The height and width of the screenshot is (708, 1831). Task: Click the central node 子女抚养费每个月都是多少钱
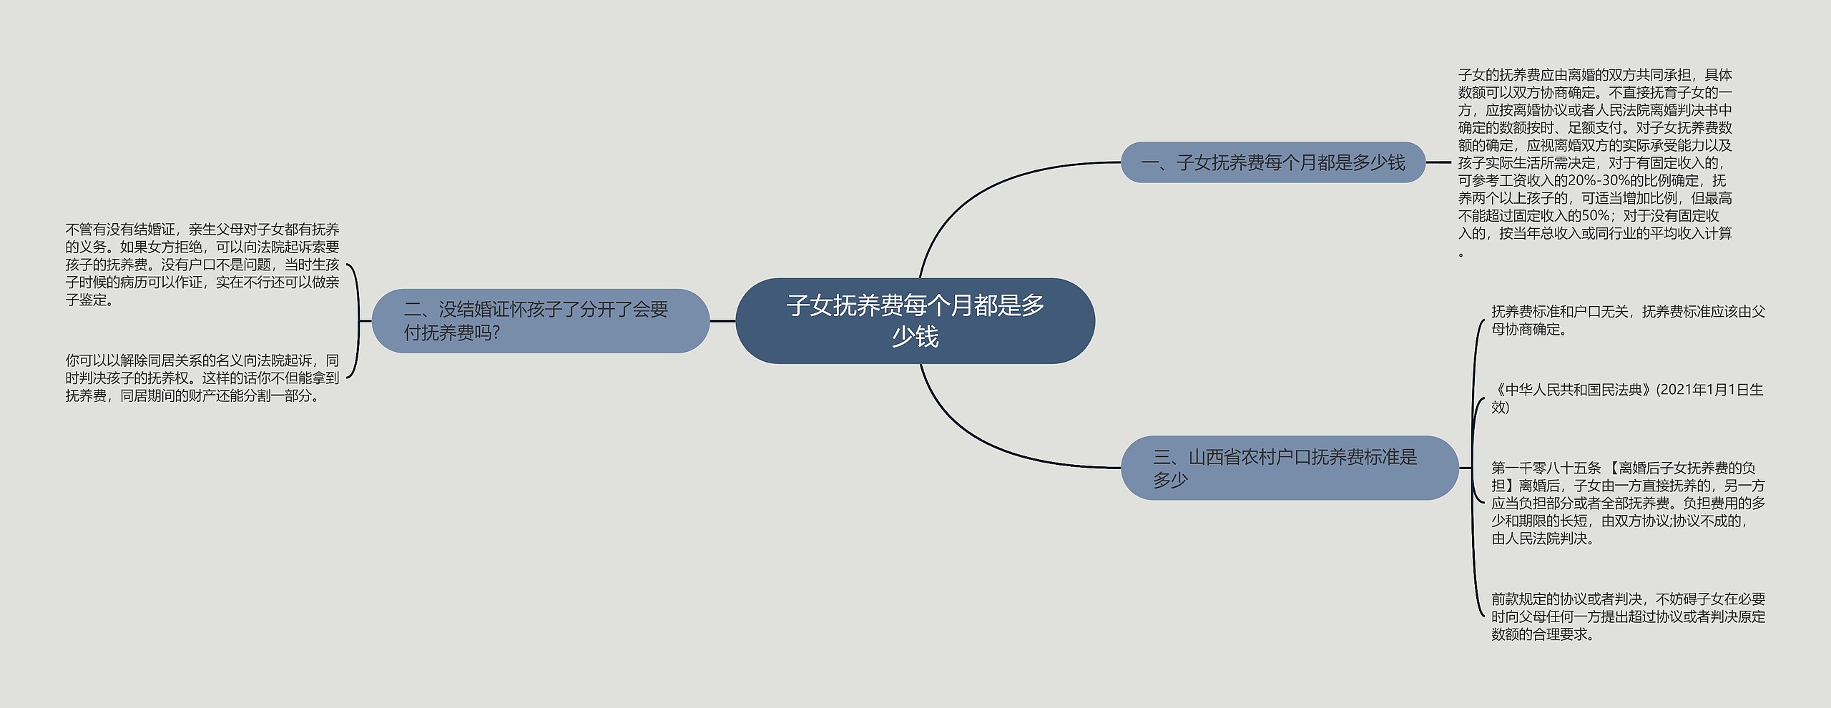(915, 320)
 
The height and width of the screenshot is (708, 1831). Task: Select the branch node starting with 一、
(1272, 163)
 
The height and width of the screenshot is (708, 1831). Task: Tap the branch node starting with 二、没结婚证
(540, 320)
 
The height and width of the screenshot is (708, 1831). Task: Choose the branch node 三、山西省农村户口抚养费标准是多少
(1289, 468)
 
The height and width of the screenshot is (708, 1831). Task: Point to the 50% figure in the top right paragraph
(1591, 216)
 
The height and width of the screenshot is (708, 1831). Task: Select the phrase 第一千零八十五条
(1546, 468)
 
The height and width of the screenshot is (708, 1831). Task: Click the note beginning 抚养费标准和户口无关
(1627, 320)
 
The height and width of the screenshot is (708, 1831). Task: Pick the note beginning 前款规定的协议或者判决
(1627, 616)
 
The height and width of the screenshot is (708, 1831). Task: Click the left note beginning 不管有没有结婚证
(202, 265)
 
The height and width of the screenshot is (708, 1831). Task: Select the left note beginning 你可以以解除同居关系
(202, 378)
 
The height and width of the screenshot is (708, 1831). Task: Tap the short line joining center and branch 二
(722, 321)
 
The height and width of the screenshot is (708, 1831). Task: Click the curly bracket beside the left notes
(357, 321)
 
